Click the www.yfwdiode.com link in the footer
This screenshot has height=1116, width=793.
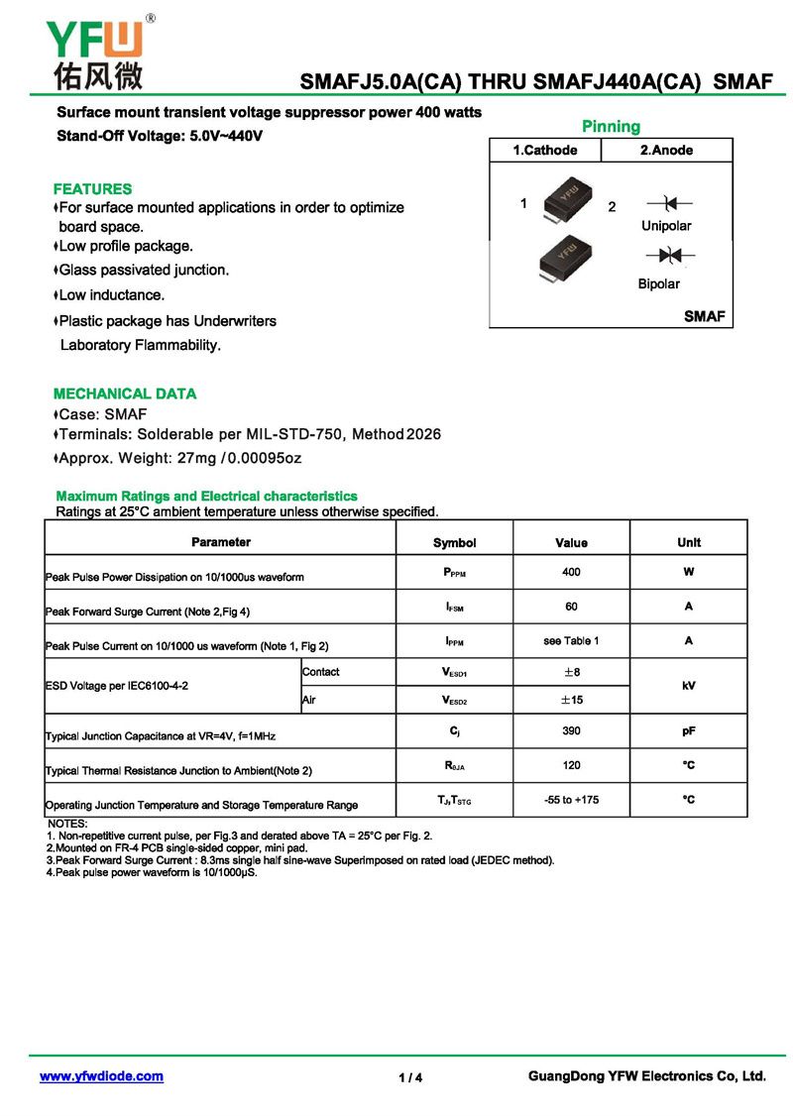(101, 1076)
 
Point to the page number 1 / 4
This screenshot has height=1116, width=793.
(410, 1077)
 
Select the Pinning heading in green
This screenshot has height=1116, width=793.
(611, 127)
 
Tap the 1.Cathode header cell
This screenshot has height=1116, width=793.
(544, 151)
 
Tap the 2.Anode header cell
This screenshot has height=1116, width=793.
(666, 151)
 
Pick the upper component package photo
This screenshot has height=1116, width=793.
(566, 197)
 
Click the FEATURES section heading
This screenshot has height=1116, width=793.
(92, 188)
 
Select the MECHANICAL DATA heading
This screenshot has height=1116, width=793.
(125, 393)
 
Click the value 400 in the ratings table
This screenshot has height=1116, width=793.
(571, 573)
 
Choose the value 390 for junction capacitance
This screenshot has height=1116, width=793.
(571, 730)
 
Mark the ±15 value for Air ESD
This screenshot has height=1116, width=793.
(571, 700)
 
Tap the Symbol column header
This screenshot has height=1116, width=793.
(454, 543)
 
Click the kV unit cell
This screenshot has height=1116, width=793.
(688, 685)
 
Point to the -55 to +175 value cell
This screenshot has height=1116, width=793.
(571, 800)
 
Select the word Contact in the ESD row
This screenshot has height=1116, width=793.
(321, 672)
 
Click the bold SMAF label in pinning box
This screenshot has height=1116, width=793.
(705, 316)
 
